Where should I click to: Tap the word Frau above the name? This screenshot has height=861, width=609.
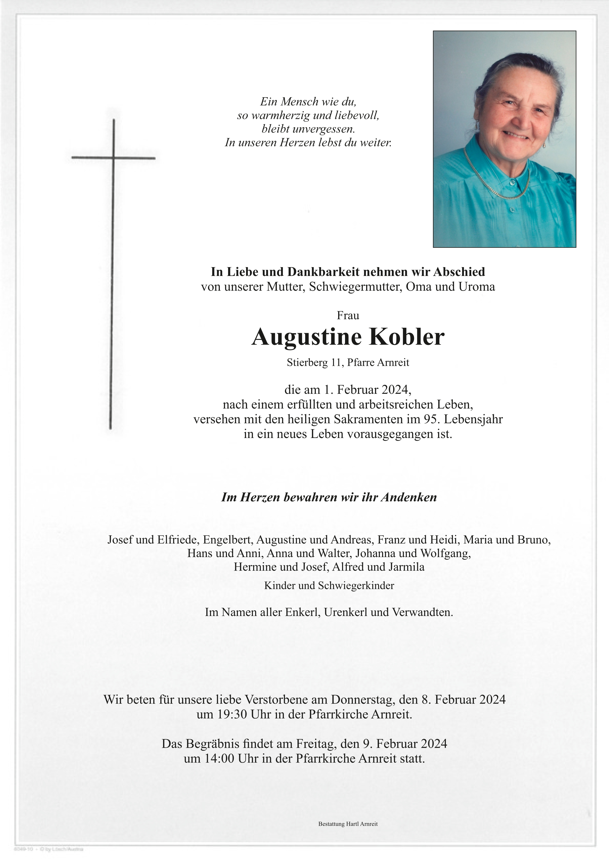click(348, 315)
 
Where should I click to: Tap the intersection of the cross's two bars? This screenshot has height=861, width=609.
click(113, 158)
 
